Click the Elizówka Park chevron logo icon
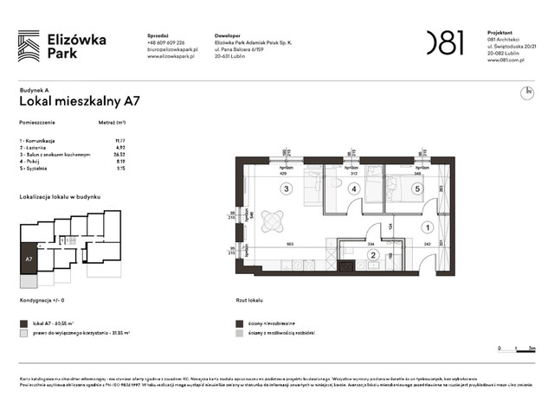pyautogui.click(x=29, y=45)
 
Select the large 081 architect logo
pyautogui.click(x=444, y=42)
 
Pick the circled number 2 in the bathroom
pyautogui.click(x=373, y=254)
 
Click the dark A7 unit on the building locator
pyautogui.click(x=29, y=259)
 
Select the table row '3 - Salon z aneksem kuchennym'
pyautogui.click(x=55, y=153)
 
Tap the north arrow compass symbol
pyautogui.click(x=525, y=93)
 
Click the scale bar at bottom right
pyautogui.click(x=515, y=348)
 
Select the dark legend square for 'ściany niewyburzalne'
pyautogui.click(x=239, y=322)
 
